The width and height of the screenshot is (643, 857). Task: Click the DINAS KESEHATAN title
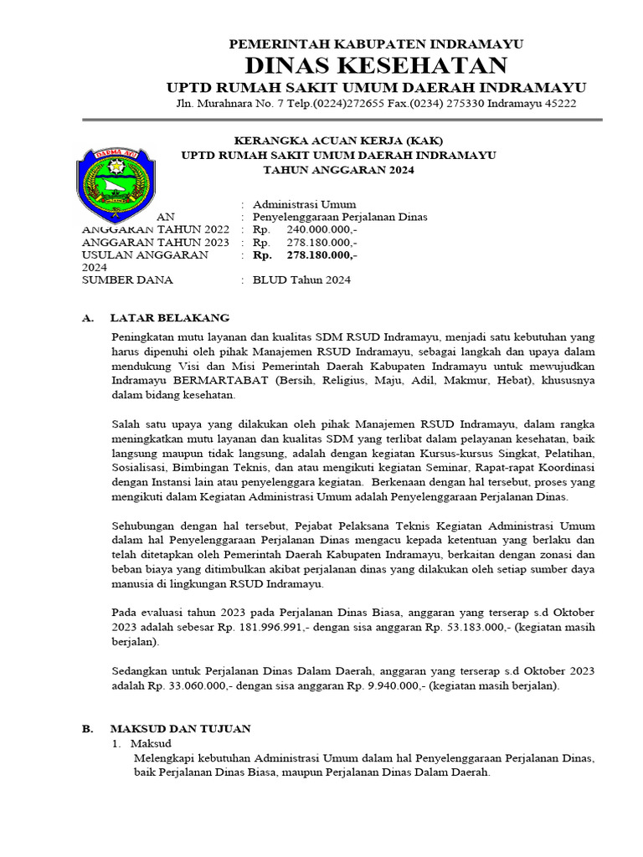coord(376,66)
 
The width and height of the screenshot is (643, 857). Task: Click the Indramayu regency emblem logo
coord(116,180)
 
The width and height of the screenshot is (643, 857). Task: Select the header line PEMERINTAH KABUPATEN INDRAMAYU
coord(376,44)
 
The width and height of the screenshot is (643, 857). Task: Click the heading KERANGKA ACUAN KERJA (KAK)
coord(338,141)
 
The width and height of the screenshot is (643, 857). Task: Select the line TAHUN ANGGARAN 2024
coord(338,170)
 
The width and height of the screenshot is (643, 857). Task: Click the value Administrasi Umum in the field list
coord(304,204)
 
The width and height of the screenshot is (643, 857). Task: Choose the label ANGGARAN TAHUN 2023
coord(155,242)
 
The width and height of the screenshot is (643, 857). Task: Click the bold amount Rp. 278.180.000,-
coord(305,254)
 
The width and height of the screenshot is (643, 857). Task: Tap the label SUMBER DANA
coord(127,280)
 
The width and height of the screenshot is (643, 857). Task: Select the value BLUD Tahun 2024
coord(301,280)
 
